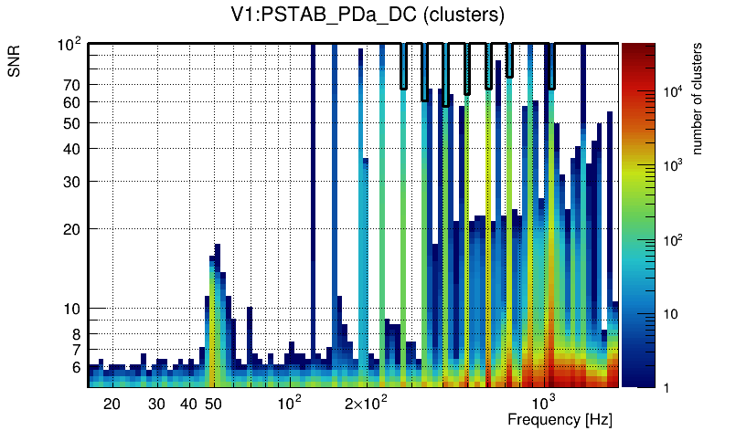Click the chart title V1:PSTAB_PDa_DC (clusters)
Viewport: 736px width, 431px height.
coord(368,16)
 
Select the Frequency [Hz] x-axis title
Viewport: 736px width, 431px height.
coord(560,419)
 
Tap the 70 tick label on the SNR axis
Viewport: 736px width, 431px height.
coord(73,85)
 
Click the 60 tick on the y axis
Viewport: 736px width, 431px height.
coord(73,102)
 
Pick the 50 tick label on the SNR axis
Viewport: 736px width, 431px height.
coord(73,123)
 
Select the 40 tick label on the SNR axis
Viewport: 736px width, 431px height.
coord(73,149)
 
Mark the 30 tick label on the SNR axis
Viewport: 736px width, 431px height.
coord(73,182)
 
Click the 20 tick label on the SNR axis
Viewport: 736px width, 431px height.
coord(73,229)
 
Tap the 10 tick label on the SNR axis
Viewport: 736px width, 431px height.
coord(73,309)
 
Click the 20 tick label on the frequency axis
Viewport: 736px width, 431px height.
coord(112,404)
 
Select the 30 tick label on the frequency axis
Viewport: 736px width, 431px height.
coord(157,404)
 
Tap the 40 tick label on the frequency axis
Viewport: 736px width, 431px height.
coord(188,404)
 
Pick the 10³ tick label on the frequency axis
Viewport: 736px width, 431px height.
coord(544,402)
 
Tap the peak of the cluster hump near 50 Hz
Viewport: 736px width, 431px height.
coord(218,247)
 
